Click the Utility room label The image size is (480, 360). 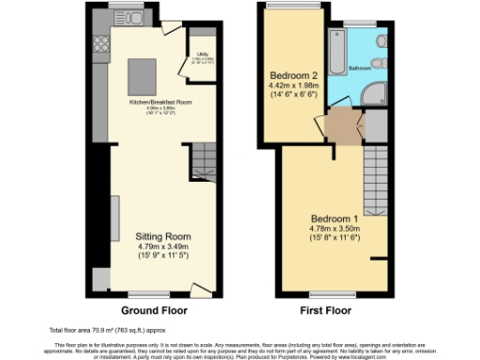click(201, 58)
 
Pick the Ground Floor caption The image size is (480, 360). click(154, 309)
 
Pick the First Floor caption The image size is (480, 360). click(325, 309)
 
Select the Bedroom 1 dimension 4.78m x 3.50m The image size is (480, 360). click(335, 227)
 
